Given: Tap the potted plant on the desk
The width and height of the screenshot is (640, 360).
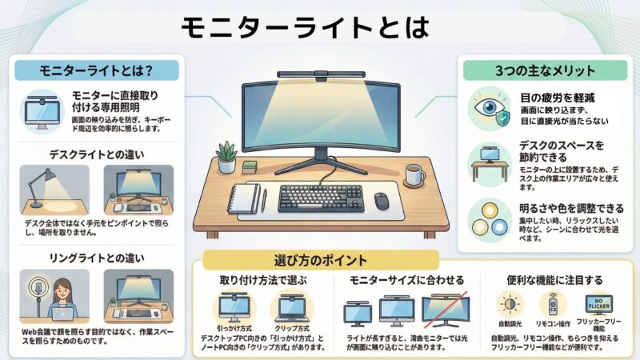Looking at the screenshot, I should tap(227, 156).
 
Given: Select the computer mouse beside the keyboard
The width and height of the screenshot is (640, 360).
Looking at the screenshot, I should tap(382, 201).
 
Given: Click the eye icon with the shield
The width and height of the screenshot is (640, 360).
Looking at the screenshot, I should tap(488, 110).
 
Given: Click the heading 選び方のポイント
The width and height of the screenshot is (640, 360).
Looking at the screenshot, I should tap(321, 261).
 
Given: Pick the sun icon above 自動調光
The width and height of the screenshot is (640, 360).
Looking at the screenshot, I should tap(507, 305).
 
